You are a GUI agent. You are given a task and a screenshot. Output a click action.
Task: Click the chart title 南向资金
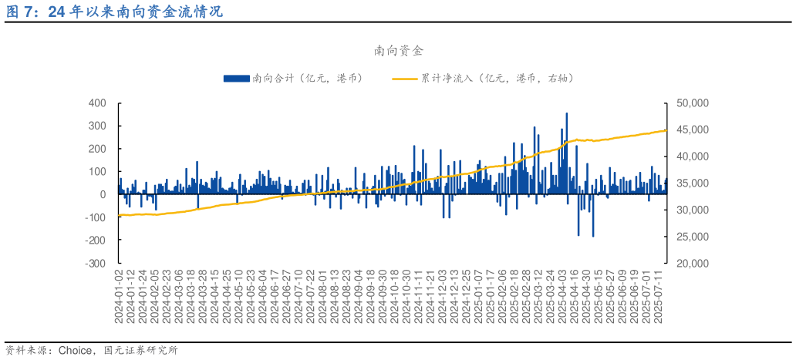(398, 51)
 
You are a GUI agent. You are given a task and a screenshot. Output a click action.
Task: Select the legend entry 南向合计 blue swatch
(236, 78)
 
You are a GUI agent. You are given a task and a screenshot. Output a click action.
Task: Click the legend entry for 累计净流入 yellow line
(486, 78)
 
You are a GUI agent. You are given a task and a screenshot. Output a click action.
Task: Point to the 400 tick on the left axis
(97, 103)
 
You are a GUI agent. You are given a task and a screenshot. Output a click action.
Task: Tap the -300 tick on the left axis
(96, 263)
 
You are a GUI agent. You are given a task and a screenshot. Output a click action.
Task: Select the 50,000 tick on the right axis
(692, 103)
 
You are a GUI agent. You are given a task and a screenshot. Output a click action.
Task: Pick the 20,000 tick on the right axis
(692, 263)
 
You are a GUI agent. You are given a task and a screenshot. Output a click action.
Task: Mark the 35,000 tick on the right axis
(692, 183)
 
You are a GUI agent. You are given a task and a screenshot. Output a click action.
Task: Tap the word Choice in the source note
(76, 350)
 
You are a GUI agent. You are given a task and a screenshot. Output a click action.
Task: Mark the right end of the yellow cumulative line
(666, 130)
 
